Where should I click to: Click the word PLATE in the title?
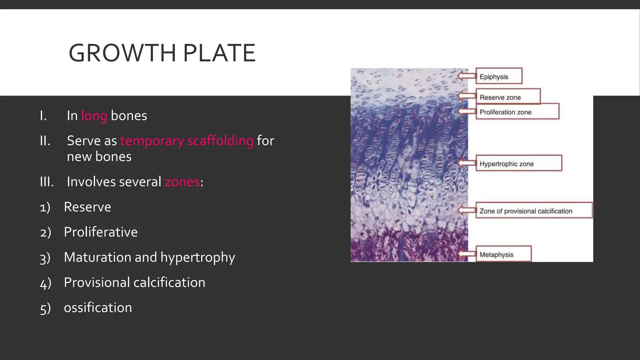point(219,53)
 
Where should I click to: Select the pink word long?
point(94,116)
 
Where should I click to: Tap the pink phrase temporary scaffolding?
point(187,141)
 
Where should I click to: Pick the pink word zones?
point(182,182)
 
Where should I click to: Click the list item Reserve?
point(87,207)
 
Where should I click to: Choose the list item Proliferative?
point(101,232)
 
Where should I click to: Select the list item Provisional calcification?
point(134,282)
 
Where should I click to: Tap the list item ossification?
point(98,308)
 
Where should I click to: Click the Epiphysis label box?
point(499,76)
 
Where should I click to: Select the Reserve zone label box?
point(508,97)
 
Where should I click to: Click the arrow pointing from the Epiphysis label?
point(467,76)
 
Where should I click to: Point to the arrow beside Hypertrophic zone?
point(467,163)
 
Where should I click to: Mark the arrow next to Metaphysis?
point(467,254)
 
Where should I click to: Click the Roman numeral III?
point(47,182)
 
